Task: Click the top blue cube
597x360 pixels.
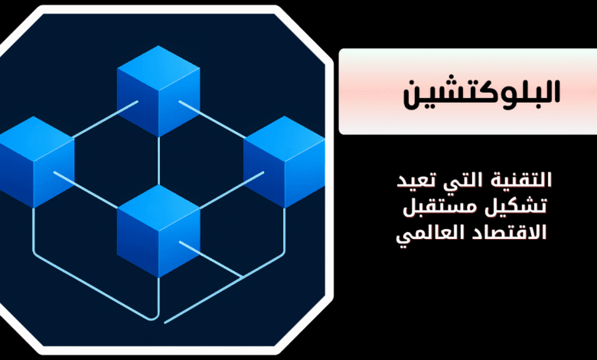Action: tap(158, 91)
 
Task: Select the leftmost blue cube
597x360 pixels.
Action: tap(37, 162)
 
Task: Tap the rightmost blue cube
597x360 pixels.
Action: tap(285, 162)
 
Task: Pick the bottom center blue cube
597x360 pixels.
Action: tap(158, 231)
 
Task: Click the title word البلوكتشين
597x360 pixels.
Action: tap(481, 94)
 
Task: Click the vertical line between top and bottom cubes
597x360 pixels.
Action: tap(158, 161)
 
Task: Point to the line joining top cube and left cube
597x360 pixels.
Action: tap(105, 119)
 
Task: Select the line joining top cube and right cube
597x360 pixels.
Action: tap(212, 119)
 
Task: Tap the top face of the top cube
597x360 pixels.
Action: tap(158, 69)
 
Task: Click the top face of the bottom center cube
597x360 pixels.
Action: tap(158, 208)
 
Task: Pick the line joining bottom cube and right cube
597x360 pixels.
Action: tap(231, 190)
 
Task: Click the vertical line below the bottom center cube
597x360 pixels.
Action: tap(158, 297)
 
